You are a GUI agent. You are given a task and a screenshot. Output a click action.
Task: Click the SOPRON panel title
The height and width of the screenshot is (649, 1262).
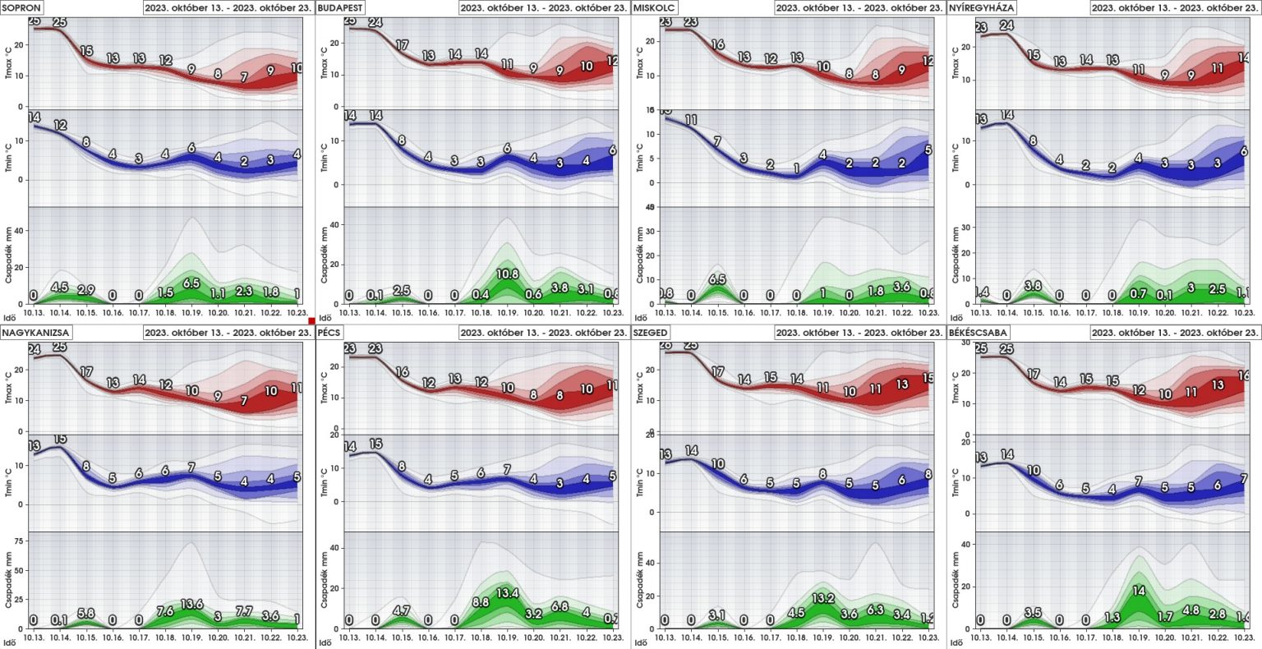(22, 7)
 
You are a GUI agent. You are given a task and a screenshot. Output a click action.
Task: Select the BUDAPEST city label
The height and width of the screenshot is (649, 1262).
(340, 7)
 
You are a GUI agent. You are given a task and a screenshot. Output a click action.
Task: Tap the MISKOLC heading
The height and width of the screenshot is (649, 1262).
(655, 7)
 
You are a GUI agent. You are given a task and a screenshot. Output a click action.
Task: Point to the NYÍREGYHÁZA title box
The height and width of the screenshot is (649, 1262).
(982, 7)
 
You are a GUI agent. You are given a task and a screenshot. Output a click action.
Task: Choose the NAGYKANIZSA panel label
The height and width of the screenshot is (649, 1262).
(36, 333)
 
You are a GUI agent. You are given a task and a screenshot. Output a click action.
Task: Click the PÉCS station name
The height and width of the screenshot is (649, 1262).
(334, 333)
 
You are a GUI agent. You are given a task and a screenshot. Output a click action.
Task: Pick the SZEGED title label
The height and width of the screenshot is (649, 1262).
(651, 333)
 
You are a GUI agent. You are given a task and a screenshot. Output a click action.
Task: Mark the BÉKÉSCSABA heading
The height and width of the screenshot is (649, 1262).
(979, 333)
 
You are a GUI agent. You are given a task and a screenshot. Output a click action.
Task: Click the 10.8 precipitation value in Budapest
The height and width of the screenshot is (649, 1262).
(508, 274)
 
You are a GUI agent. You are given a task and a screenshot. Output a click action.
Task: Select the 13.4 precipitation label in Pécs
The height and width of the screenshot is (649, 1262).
(508, 593)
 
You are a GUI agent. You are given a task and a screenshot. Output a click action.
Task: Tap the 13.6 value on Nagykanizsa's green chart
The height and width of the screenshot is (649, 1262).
(191, 605)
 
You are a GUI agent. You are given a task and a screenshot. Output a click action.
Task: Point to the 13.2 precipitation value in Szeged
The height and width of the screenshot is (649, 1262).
(823, 598)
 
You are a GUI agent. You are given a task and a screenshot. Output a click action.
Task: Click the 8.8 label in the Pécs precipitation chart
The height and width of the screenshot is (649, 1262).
(481, 601)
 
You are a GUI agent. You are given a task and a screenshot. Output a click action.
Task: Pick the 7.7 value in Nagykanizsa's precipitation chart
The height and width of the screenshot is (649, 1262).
(244, 611)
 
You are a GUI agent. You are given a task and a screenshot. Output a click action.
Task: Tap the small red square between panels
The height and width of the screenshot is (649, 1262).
(312, 320)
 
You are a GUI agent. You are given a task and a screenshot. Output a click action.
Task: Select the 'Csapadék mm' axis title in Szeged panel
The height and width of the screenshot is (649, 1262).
(640, 579)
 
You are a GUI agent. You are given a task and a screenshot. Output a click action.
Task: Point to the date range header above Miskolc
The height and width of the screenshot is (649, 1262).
(859, 7)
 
